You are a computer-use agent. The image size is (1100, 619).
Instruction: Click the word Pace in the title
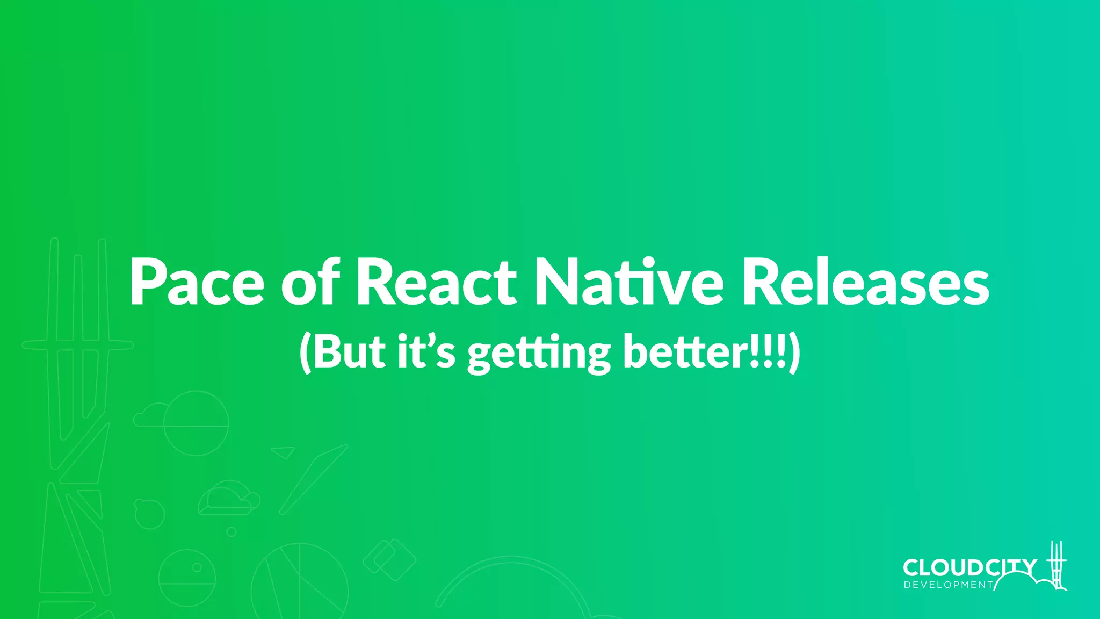[197, 283]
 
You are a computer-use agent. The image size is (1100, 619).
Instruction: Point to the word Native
[629, 283]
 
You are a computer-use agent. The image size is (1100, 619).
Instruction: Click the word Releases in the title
[865, 283]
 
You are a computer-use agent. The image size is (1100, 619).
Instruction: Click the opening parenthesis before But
[305, 352]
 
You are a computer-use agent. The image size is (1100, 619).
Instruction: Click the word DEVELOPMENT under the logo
[949, 585]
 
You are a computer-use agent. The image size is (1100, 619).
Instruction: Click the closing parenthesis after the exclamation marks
[794, 352]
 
